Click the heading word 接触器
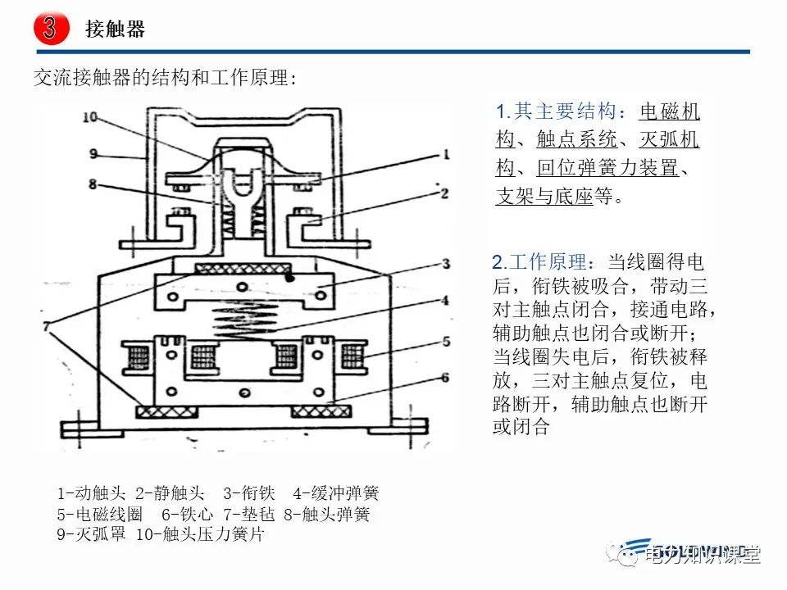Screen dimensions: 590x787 115,30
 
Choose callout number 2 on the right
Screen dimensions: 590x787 444,193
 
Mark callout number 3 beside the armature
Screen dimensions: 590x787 444,264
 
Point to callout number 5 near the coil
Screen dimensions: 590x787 444,341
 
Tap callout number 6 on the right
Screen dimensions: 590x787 444,377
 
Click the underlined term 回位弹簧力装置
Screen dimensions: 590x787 607,169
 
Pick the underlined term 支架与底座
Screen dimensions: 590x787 544,197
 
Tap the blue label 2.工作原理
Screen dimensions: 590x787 539,263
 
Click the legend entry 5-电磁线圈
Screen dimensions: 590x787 100,515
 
